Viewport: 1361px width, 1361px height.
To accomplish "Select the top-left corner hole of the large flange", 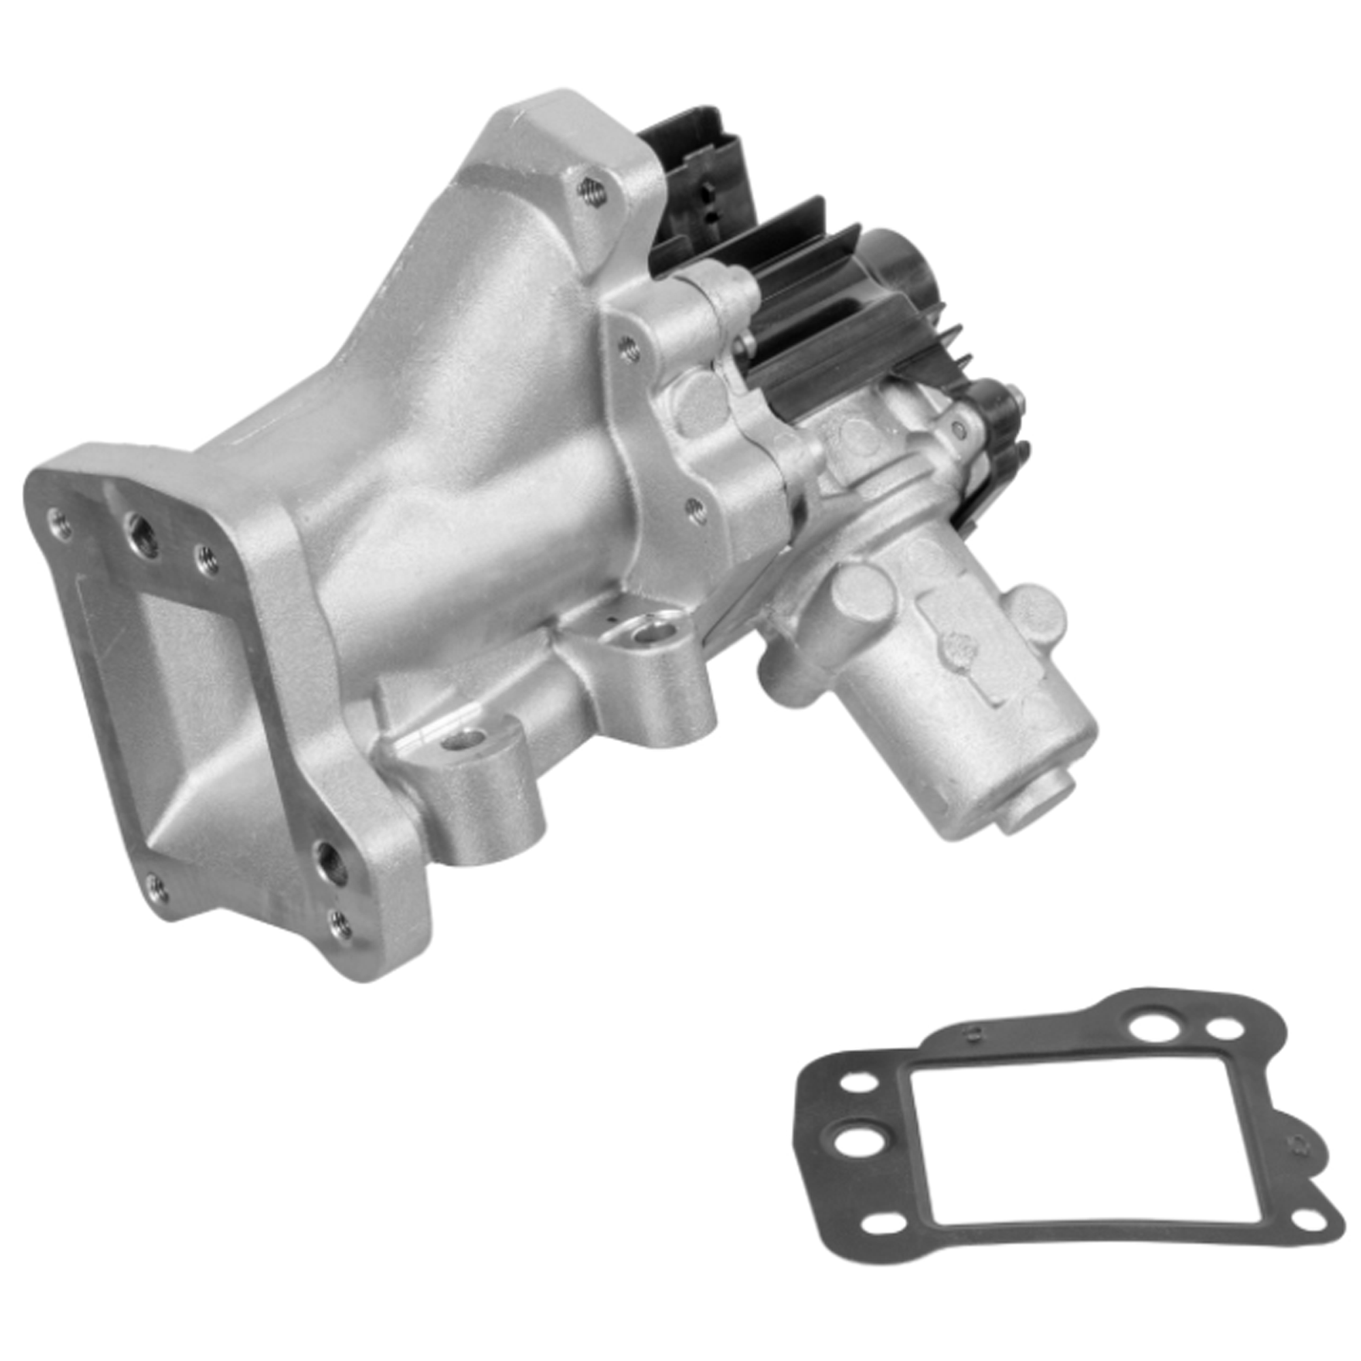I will (59, 523).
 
